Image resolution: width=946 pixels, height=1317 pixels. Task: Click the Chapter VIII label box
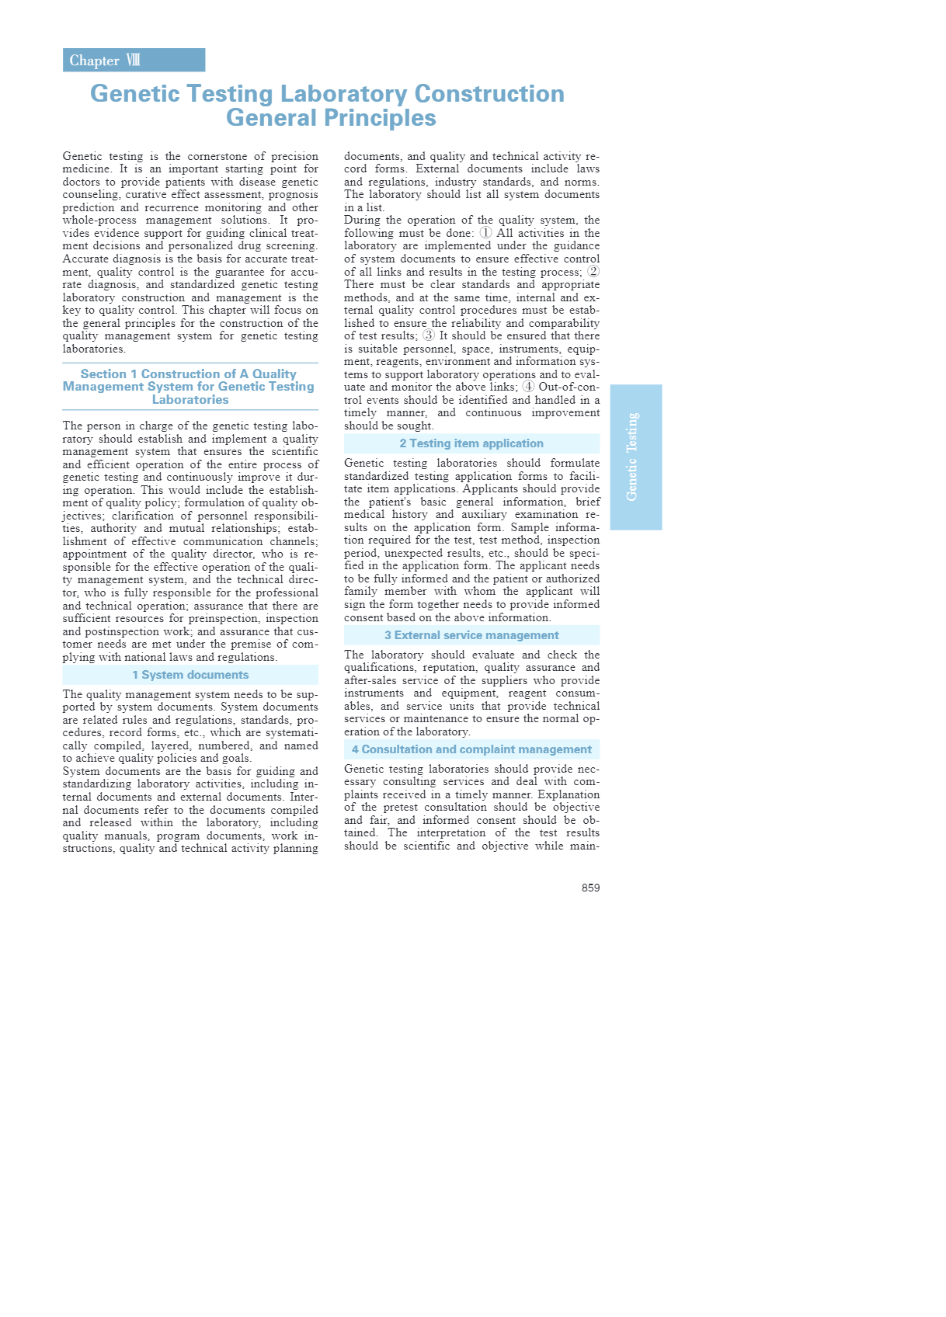click(x=134, y=61)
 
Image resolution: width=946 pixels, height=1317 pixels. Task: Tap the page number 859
click(x=590, y=888)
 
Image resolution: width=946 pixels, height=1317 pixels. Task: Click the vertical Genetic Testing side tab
click(x=635, y=457)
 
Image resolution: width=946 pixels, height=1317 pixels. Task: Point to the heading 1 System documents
click(x=190, y=675)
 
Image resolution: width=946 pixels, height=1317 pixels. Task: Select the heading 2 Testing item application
click(x=471, y=443)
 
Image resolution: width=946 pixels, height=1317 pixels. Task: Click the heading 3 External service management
click(x=471, y=635)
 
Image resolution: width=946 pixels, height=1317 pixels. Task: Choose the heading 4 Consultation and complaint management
click(x=471, y=749)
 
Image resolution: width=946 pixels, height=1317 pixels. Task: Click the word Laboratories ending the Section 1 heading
click(x=190, y=400)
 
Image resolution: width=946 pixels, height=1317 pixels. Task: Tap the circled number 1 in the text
click(x=485, y=233)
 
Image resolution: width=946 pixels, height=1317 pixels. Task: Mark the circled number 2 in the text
click(x=593, y=271)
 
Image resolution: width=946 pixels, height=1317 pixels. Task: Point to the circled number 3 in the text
click(x=429, y=335)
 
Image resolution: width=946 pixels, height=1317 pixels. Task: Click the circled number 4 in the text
click(x=528, y=387)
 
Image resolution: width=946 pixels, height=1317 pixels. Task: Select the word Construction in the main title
click(x=489, y=94)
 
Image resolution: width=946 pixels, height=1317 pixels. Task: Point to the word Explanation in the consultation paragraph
click(x=566, y=794)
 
